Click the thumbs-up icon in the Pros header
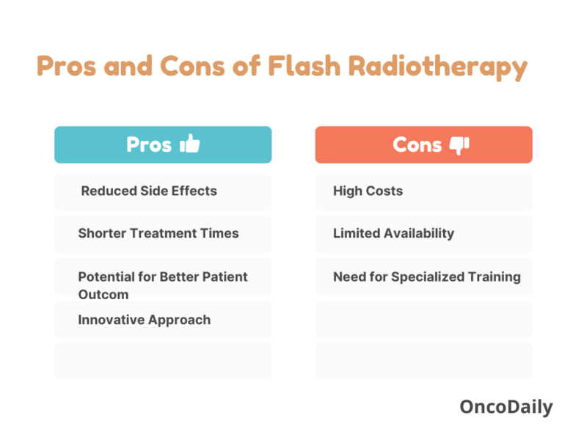coord(189,144)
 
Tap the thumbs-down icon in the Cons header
coord(459,145)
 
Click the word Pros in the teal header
coord(149,144)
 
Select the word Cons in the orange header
coord(418,144)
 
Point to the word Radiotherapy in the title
coord(437,67)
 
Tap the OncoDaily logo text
coord(506,407)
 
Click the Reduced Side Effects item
coord(149,191)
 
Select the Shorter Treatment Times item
coord(158,233)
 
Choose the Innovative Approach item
coord(145,319)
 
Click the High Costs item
coord(368,191)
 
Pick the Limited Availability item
coord(393,233)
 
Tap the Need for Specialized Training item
coord(426,276)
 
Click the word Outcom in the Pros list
coord(103,294)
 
